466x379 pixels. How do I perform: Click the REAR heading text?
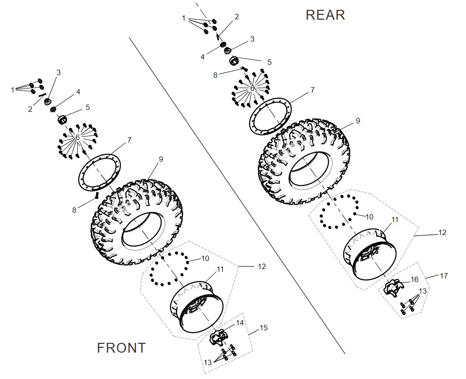click(325, 15)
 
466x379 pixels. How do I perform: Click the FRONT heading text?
click(121, 348)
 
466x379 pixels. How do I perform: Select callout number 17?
click(444, 276)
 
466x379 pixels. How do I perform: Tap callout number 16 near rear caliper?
click(415, 279)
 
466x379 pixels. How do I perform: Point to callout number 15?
click(263, 328)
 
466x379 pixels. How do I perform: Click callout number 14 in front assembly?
click(240, 322)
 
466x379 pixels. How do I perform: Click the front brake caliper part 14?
click(219, 337)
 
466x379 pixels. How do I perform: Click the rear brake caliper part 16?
click(392, 287)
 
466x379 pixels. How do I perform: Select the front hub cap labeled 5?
click(62, 120)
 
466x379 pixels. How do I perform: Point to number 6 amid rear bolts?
click(252, 88)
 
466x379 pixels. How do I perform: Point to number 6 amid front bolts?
click(77, 138)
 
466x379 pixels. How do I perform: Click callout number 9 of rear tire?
click(358, 121)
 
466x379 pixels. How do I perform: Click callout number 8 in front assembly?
click(74, 209)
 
